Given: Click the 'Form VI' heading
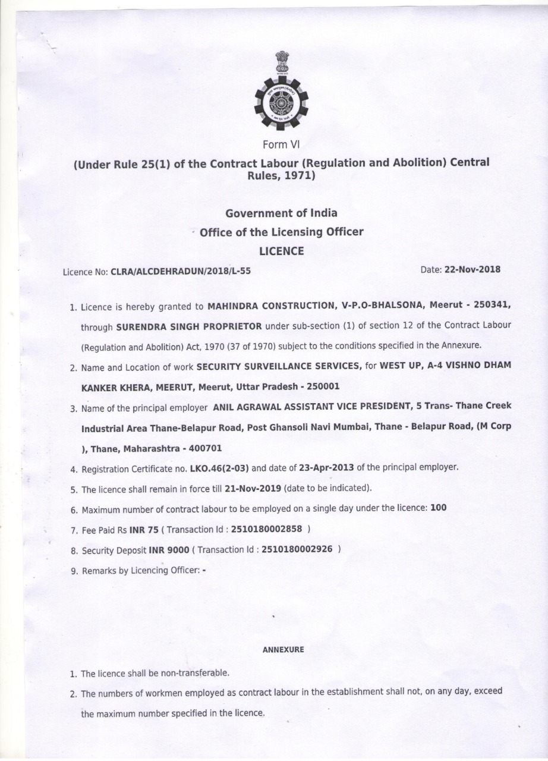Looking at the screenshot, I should point(282,144).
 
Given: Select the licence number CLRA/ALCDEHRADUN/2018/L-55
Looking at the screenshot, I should point(181,272).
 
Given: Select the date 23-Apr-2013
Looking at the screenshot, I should point(326,467).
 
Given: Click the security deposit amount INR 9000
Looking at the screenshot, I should point(169,550).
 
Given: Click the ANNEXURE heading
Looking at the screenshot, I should point(283,650).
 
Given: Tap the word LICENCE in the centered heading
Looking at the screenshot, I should point(282,251).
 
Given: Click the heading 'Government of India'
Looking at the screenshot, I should point(282,213).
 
